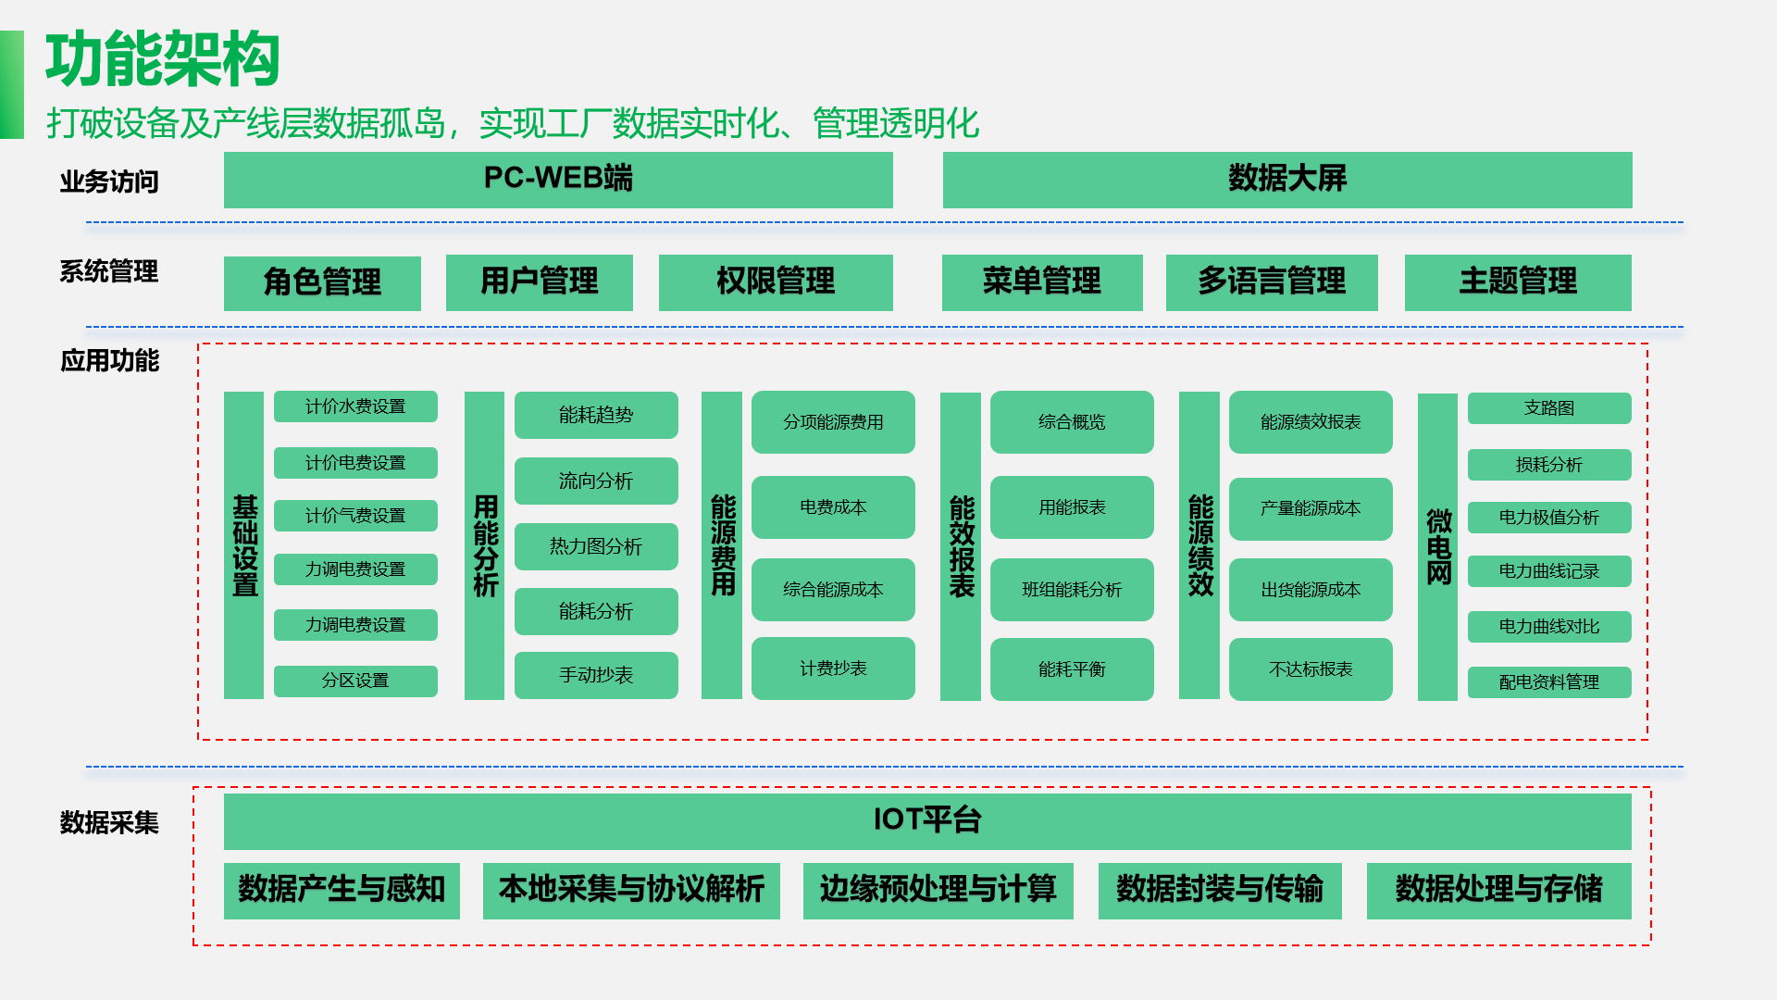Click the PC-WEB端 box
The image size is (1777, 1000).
tap(558, 180)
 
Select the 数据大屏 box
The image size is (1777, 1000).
tap(1286, 180)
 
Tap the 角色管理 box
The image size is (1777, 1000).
tap(322, 282)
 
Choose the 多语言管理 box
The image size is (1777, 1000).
tap(1272, 282)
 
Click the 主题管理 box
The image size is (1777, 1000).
tap(1518, 282)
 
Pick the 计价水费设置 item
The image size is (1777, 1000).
tap(355, 406)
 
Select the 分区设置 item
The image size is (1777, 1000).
tap(355, 681)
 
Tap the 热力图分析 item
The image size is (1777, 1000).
tap(596, 546)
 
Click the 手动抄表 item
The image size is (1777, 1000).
tap(596, 675)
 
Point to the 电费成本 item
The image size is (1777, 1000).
tap(833, 507)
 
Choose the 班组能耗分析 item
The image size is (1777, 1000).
tap(1072, 590)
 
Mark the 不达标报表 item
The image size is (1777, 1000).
tap(1311, 669)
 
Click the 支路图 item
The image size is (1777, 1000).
tap(1549, 408)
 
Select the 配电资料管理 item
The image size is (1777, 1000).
tap(1549, 682)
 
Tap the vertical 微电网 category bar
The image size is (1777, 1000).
tap(1437, 546)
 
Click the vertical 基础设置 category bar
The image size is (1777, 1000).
tap(244, 545)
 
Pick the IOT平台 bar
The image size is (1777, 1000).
tap(927, 820)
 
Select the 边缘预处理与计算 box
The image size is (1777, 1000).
tap(938, 890)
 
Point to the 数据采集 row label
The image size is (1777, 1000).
tap(109, 822)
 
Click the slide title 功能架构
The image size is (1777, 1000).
tap(163, 60)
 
